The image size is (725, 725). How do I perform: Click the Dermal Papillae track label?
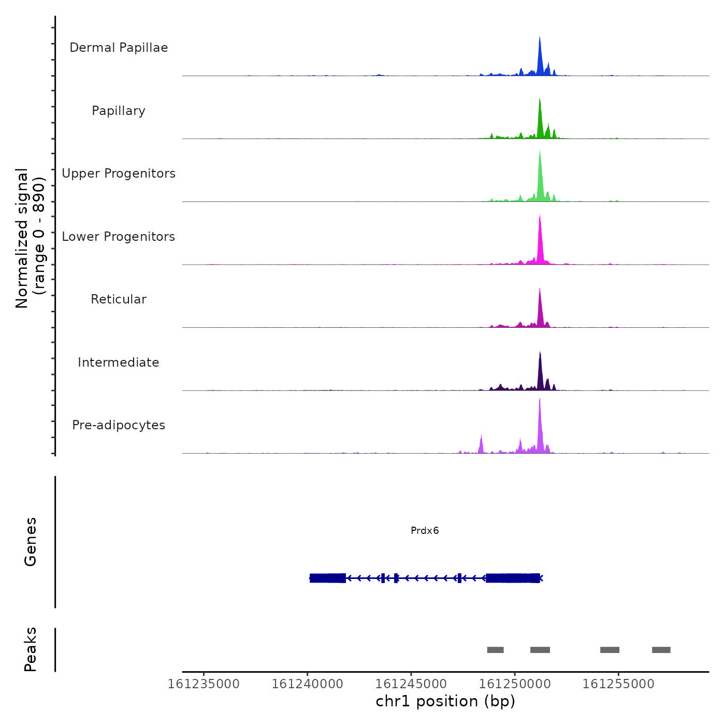click(119, 48)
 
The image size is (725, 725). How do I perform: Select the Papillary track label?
click(119, 111)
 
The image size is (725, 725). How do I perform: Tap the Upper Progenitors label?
click(119, 173)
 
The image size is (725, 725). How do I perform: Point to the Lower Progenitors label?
click(119, 237)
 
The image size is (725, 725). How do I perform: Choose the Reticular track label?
click(119, 299)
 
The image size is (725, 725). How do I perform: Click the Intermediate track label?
click(119, 363)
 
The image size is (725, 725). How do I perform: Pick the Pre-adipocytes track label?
click(119, 425)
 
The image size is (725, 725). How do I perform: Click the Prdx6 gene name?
click(425, 531)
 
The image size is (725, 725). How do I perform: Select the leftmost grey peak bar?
click(496, 650)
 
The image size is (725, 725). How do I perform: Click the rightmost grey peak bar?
click(661, 650)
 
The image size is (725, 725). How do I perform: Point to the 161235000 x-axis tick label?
click(204, 684)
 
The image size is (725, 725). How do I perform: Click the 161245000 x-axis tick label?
click(411, 684)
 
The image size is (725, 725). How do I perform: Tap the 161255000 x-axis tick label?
click(618, 684)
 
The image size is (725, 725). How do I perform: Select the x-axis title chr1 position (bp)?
click(445, 702)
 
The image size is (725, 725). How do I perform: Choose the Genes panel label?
click(31, 542)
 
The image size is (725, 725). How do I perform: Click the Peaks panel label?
click(31, 649)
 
